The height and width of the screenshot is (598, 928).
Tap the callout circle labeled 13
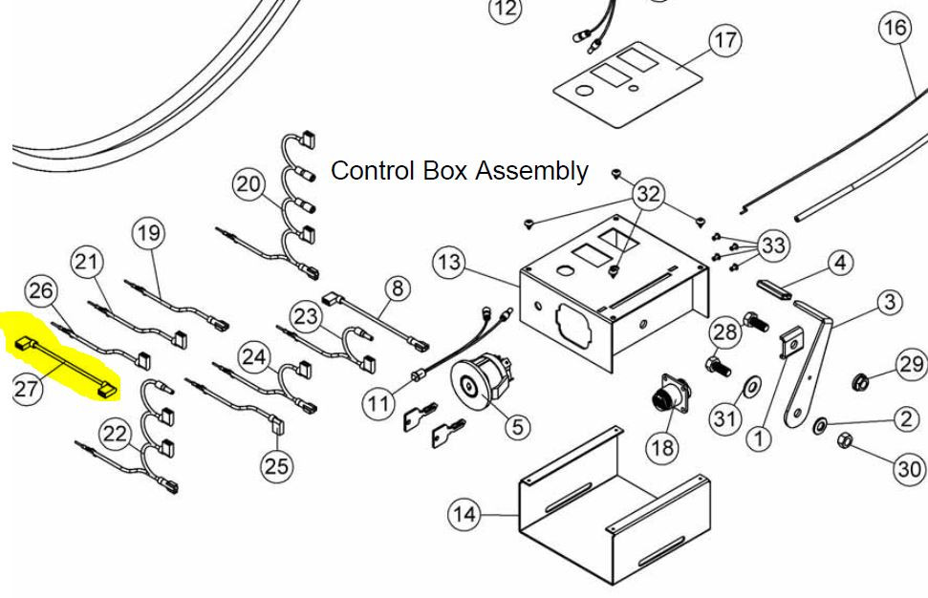(x=450, y=262)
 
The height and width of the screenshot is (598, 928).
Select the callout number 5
(x=518, y=426)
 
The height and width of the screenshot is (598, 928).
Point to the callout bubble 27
(x=26, y=389)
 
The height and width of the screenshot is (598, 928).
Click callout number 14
(x=464, y=513)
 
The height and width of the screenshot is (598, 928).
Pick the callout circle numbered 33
(x=773, y=245)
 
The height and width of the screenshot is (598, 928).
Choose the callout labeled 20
(x=248, y=184)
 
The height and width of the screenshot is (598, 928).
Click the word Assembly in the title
(x=532, y=171)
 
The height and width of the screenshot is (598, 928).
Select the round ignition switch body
(x=481, y=379)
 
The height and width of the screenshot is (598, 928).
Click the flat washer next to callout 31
(x=750, y=388)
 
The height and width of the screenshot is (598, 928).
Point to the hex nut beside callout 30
(x=845, y=441)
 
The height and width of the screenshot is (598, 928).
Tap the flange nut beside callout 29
(x=861, y=381)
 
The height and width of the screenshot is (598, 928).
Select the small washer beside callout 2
(x=821, y=425)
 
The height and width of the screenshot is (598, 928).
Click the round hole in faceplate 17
(x=584, y=91)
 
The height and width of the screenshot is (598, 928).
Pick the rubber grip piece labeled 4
(x=775, y=289)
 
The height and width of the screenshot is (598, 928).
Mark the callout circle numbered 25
(x=276, y=465)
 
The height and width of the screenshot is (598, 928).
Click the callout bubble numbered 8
(x=398, y=288)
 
